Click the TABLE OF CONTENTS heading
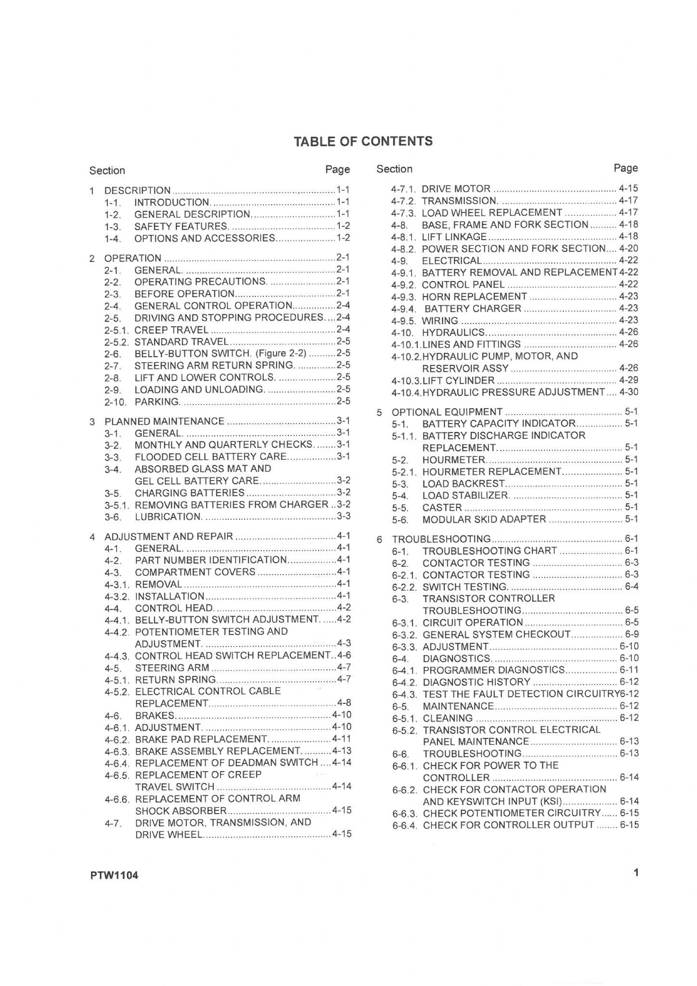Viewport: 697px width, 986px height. pyautogui.click(x=363, y=141)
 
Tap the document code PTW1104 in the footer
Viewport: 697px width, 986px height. pyautogui.click(x=114, y=875)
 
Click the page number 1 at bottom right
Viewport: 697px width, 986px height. pyautogui.click(x=636, y=872)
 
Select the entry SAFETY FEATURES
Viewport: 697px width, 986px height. pyautogui.click(x=181, y=226)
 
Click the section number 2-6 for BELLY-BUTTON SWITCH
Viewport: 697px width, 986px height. pyautogui.click(x=112, y=354)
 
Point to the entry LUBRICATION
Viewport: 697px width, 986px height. pyautogui.click(x=168, y=517)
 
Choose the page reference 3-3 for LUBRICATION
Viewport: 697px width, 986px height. pyautogui.click(x=343, y=516)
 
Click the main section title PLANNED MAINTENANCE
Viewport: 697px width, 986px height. pyautogui.click(x=164, y=421)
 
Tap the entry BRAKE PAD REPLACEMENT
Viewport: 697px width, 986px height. pyautogui.click(x=202, y=739)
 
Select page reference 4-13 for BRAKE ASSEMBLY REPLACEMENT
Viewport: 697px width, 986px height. pyautogui.click(x=341, y=751)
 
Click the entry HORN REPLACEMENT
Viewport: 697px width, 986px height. pyautogui.click(x=474, y=297)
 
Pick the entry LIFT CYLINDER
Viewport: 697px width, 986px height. pyautogui.click(x=458, y=380)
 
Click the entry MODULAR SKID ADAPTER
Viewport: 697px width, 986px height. pyautogui.click(x=484, y=519)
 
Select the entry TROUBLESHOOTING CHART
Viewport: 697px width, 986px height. pyautogui.click(x=490, y=551)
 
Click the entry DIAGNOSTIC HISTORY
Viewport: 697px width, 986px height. pyautogui.click(x=476, y=682)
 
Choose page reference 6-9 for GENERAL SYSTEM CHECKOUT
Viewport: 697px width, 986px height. pyautogui.click(x=632, y=634)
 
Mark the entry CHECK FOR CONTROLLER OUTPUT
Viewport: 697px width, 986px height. pyautogui.click(x=508, y=825)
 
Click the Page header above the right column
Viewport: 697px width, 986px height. pyautogui.click(x=625, y=168)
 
